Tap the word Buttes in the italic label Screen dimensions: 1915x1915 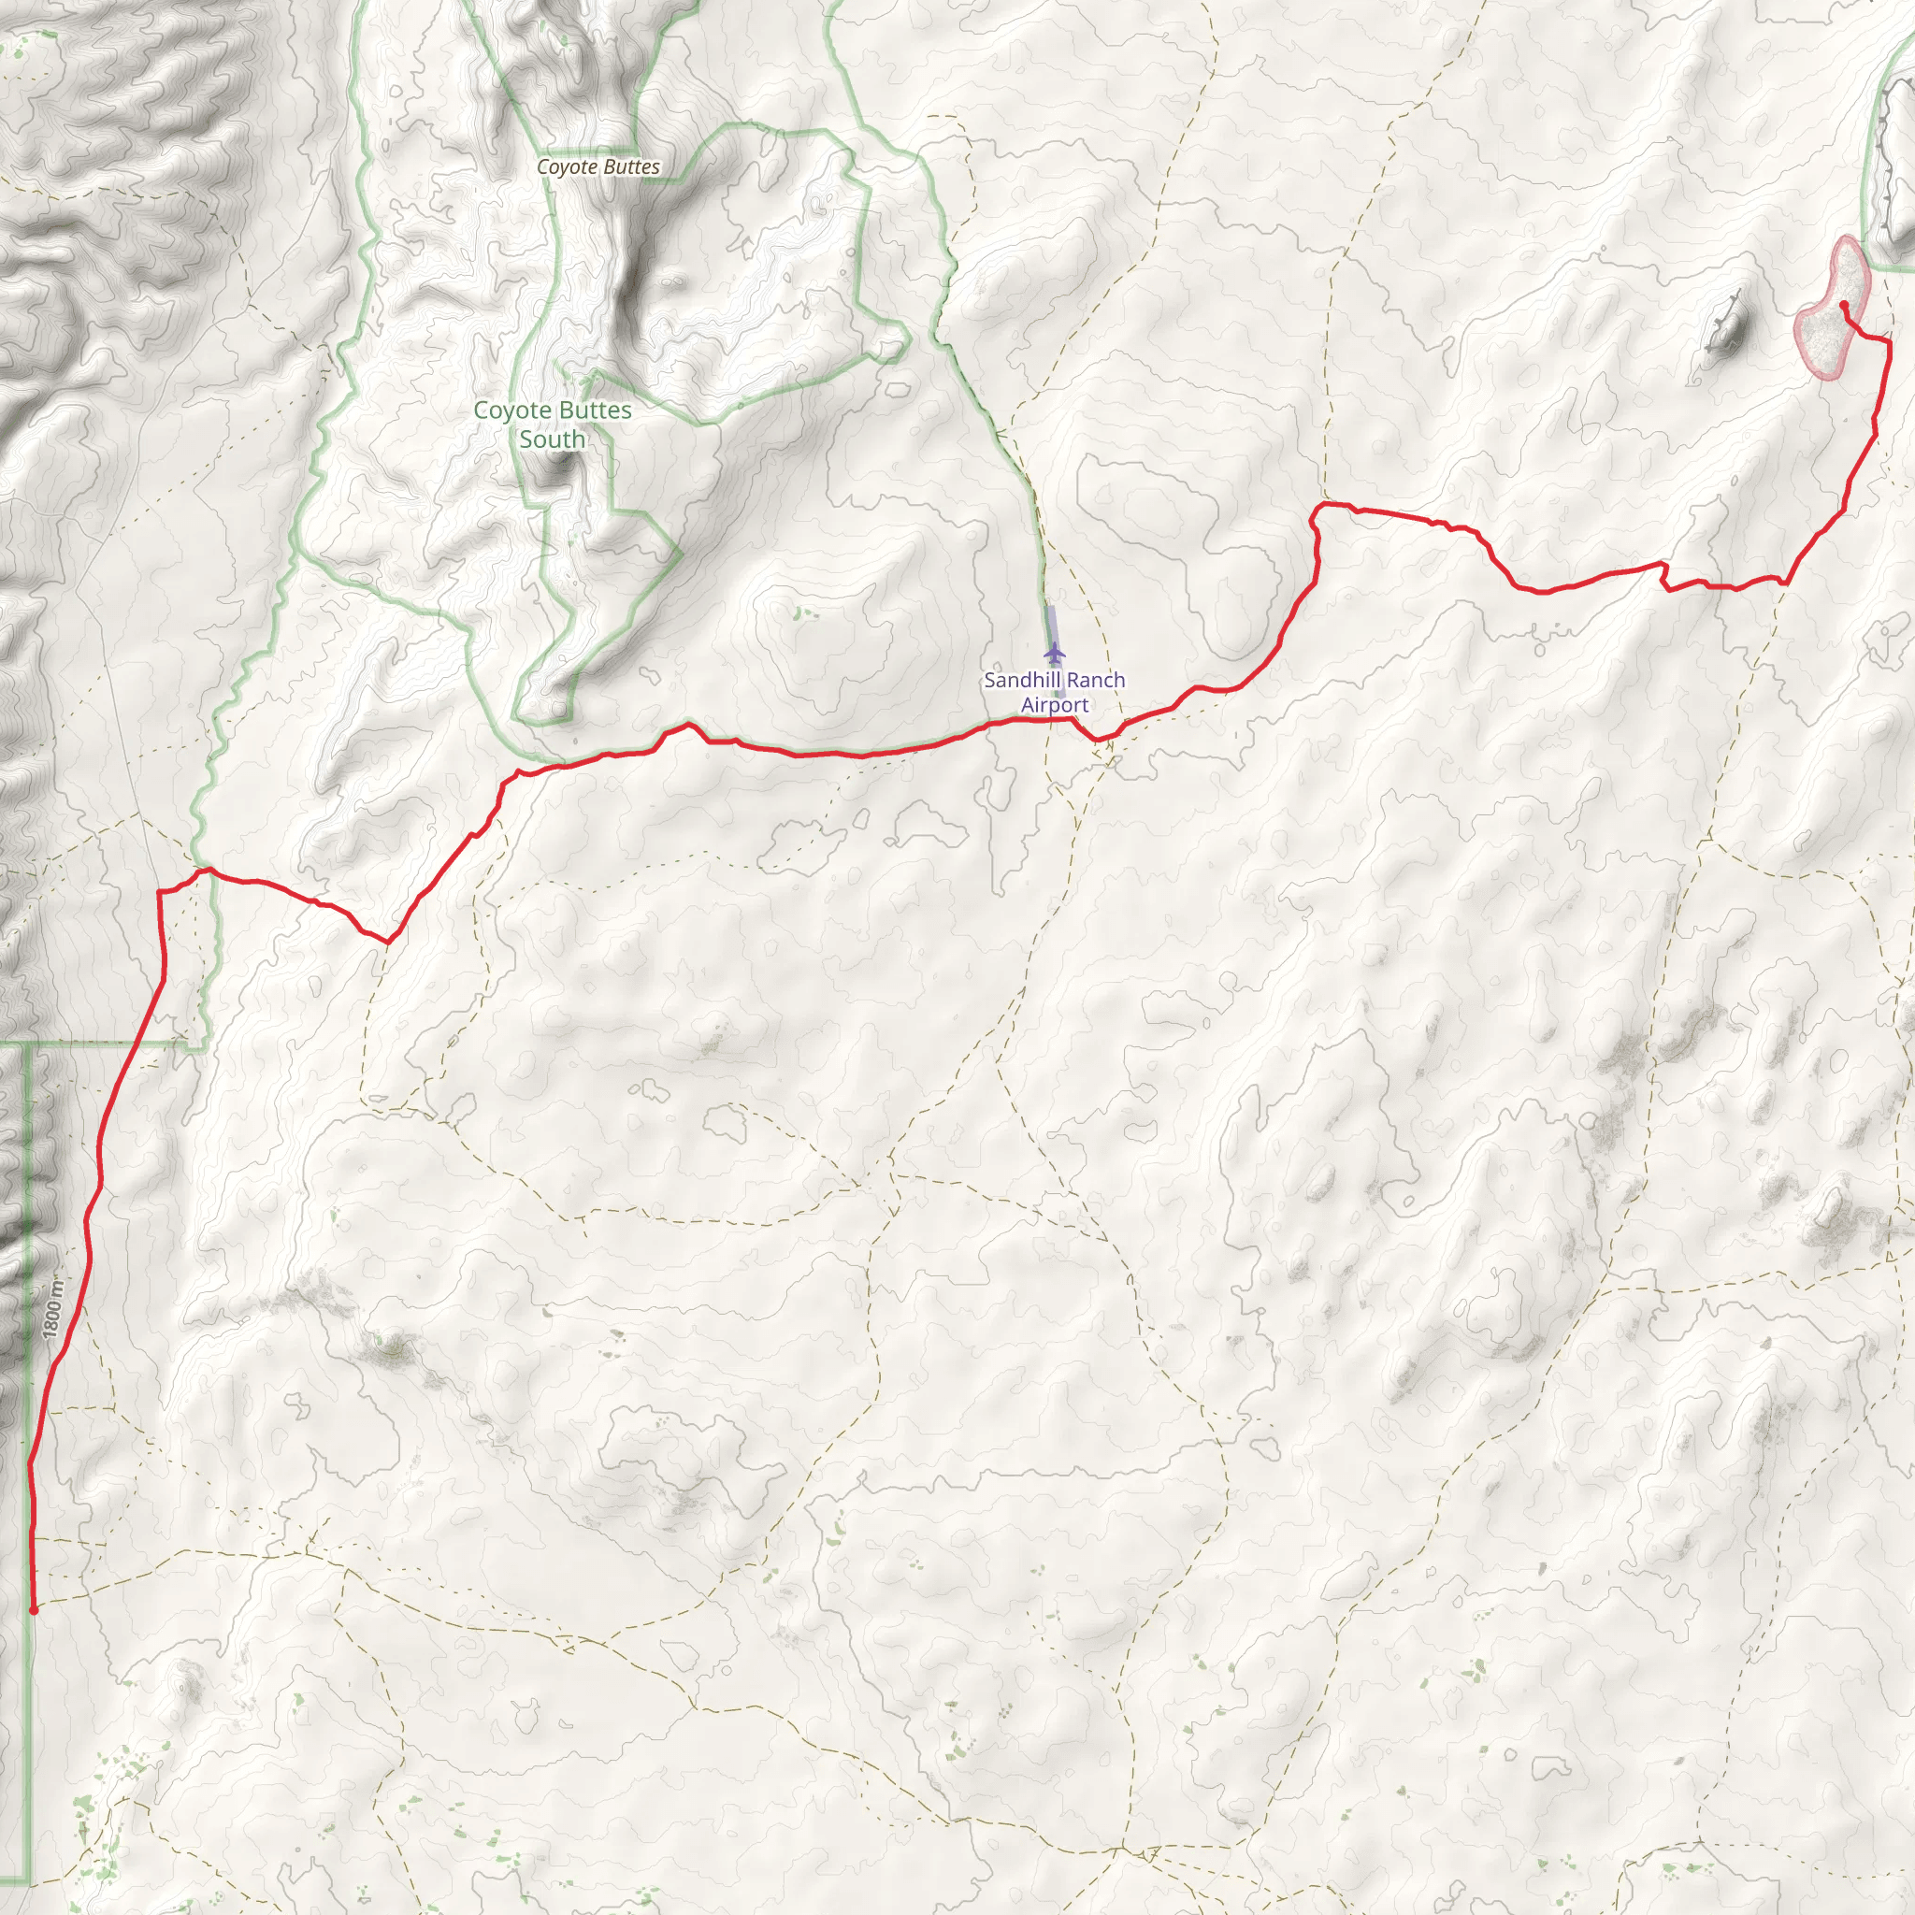point(630,167)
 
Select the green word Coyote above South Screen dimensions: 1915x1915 point(510,410)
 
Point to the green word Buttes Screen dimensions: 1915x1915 point(592,410)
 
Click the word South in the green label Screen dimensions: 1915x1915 point(552,439)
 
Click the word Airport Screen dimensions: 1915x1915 point(1055,705)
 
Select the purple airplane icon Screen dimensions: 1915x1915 point(1054,654)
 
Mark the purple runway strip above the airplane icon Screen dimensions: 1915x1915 point(1052,625)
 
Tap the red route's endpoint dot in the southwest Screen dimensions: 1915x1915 point(34,1611)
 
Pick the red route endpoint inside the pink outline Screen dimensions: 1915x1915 point(1843,304)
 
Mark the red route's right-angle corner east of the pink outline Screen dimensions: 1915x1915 point(1888,341)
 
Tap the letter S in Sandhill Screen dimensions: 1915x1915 point(990,680)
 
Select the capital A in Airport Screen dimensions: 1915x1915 point(1029,705)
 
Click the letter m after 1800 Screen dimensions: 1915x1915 point(57,1288)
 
